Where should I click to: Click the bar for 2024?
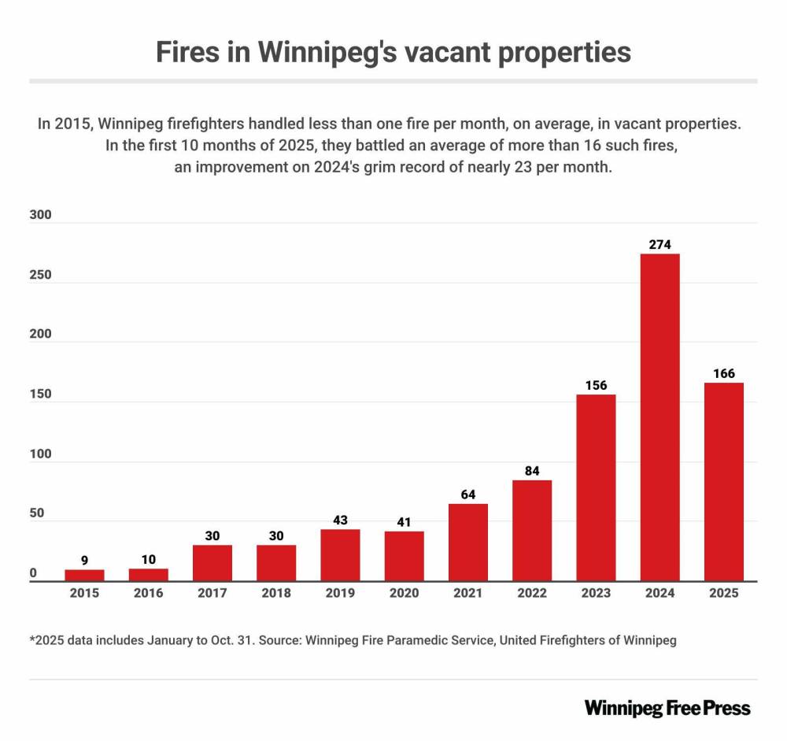tap(660, 417)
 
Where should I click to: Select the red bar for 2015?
tap(84, 576)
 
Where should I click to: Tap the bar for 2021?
tap(468, 543)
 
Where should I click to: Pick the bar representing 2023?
tap(596, 487)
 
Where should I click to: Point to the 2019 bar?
tap(340, 555)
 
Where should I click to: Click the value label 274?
tap(660, 245)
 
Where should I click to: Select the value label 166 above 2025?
tap(723, 373)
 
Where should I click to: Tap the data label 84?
tap(532, 471)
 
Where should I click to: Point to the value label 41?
tap(404, 522)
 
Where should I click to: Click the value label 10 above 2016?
tap(148, 559)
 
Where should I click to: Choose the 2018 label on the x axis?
tap(275, 593)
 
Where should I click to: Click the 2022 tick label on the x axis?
tap(532, 593)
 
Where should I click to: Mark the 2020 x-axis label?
tap(404, 593)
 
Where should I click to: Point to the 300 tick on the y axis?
tap(39, 215)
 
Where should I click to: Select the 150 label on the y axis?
tap(39, 395)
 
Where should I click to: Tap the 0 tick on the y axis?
tap(33, 574)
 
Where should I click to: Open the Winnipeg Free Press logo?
tap(667, 707)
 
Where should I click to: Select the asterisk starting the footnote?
tap(32, 639)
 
